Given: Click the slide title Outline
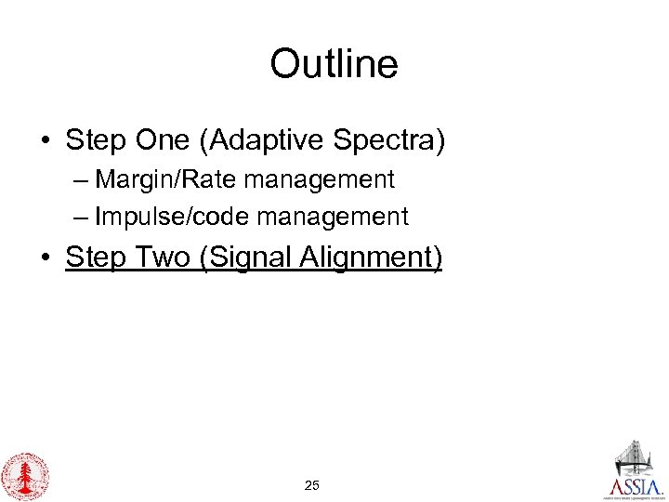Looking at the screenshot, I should click(x=334, y=64).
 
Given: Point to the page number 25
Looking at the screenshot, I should click(x=312, y=485).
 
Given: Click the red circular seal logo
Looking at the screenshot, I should click(x=24, y=476).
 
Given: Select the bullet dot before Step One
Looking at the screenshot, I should click(x=45, y=142).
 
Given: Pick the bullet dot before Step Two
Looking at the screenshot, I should click(x=45, y=258).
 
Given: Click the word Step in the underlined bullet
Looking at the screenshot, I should click(x=97, y=258).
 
